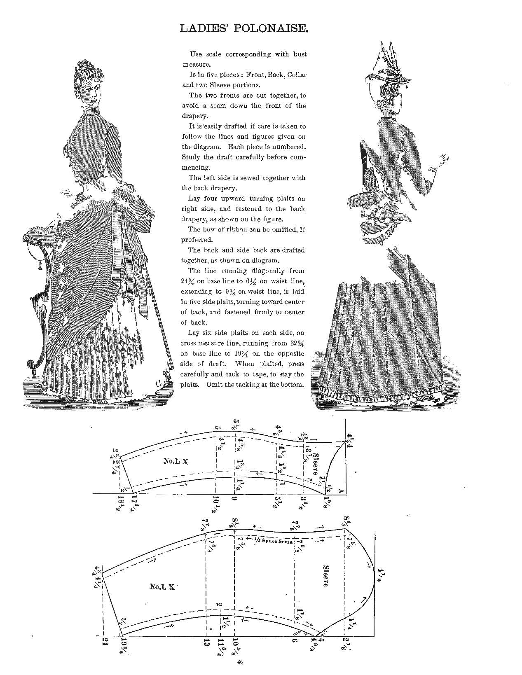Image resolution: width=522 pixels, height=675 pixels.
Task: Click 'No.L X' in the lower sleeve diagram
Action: point(162,586)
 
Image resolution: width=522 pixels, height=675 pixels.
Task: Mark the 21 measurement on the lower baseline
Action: point(105,642)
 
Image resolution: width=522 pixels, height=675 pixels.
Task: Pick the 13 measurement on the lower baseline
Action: point(206,642)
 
